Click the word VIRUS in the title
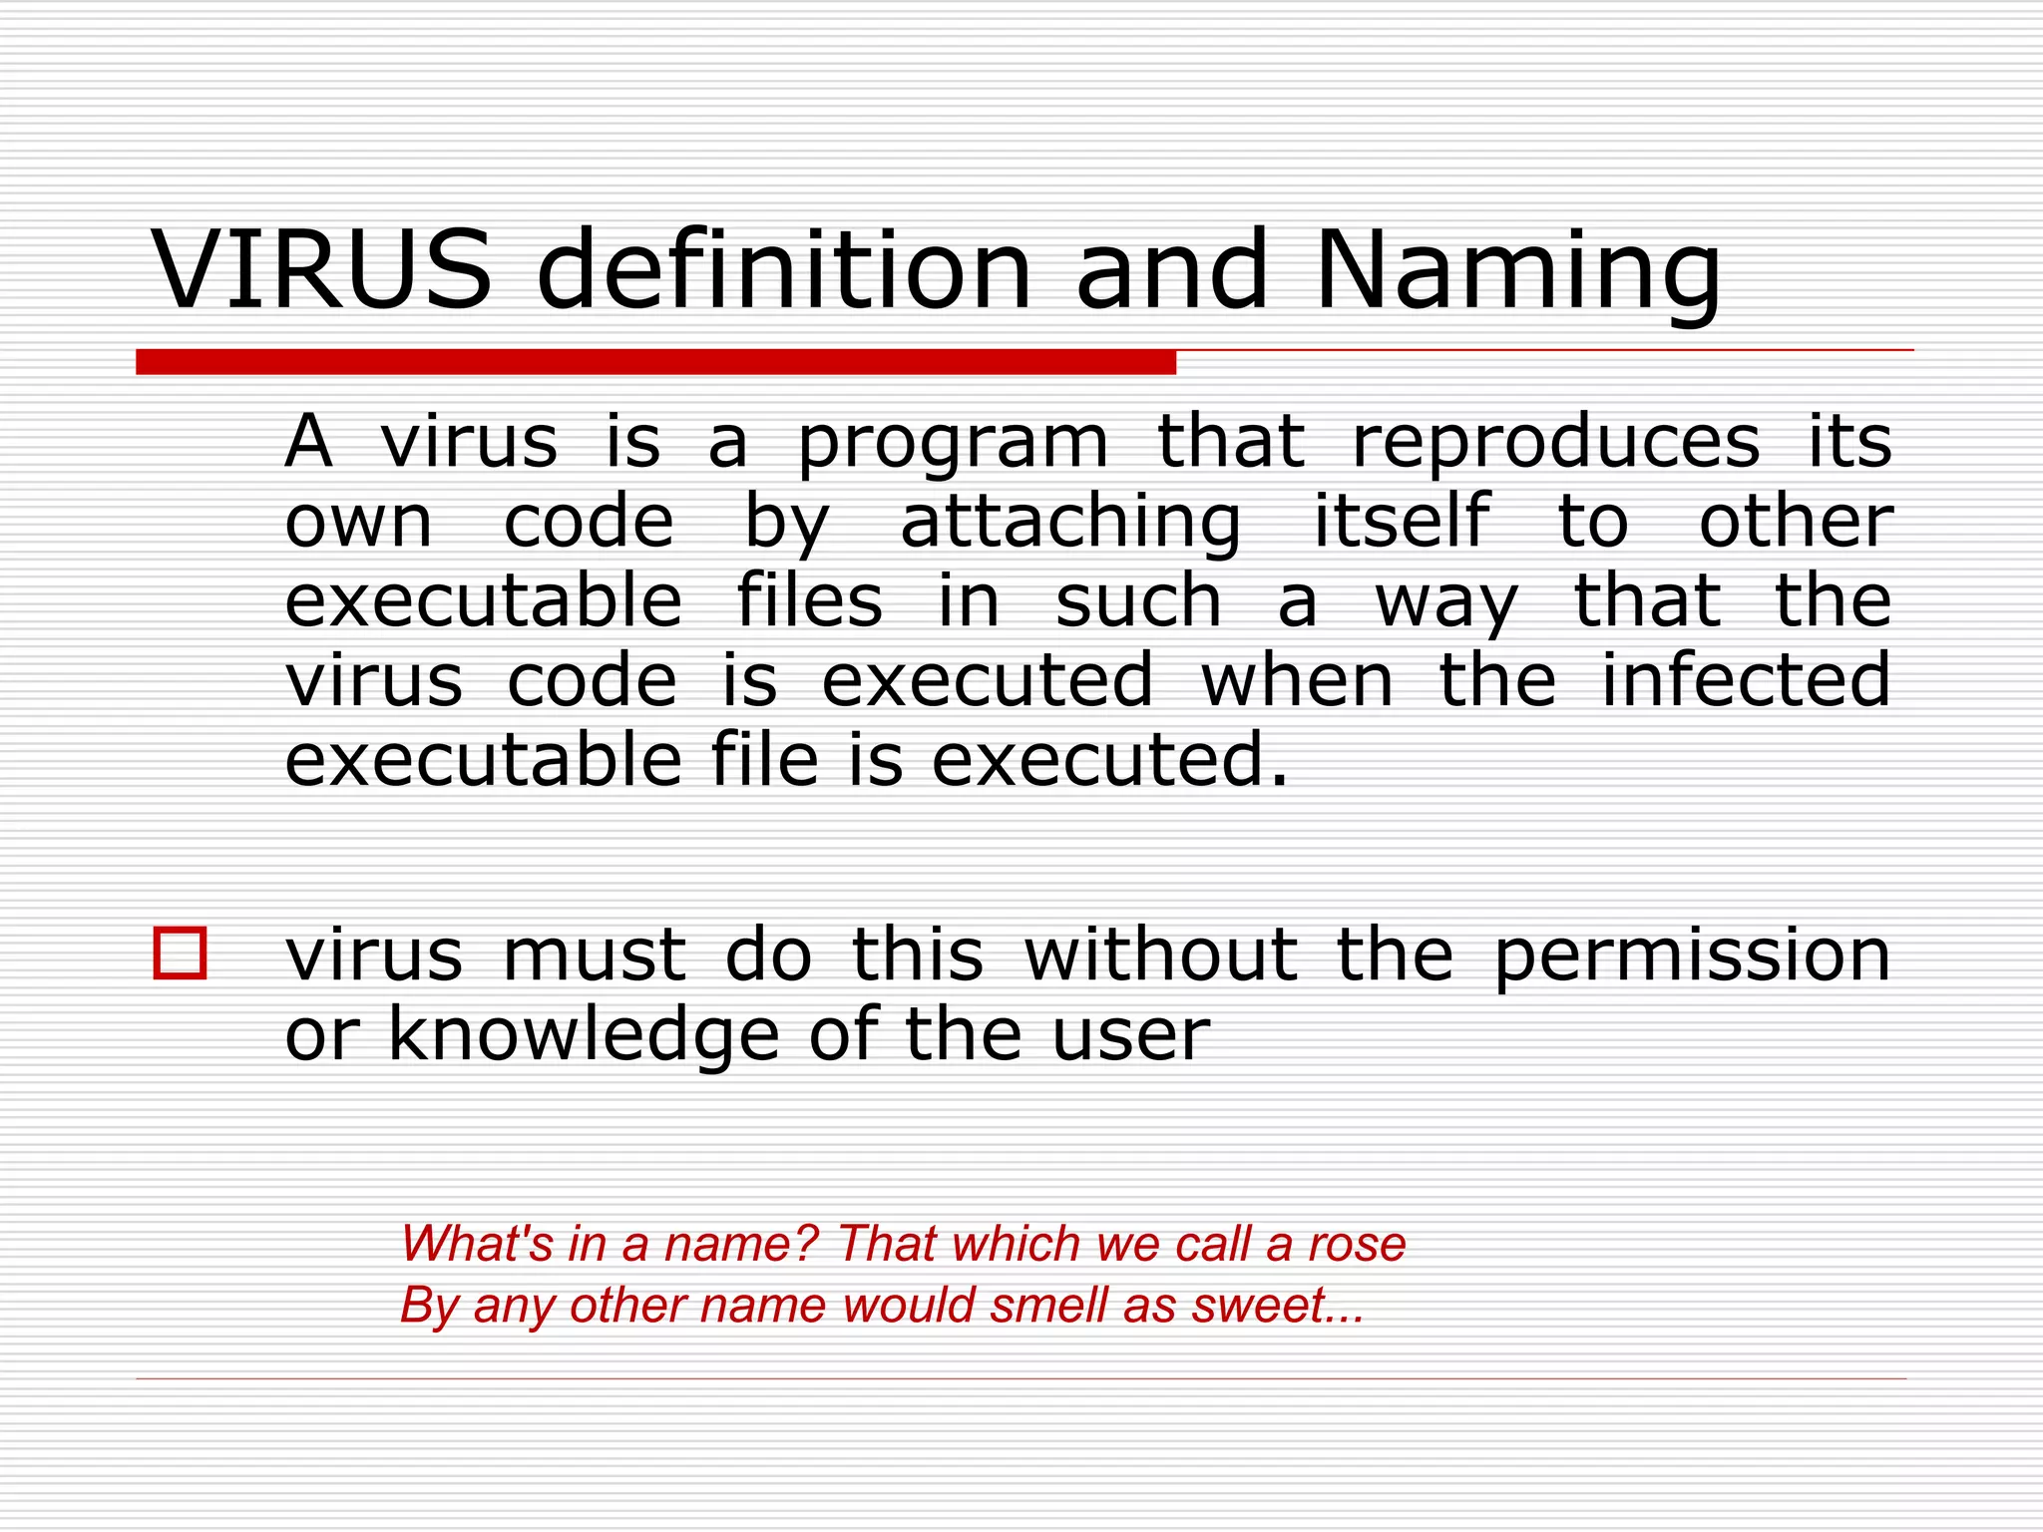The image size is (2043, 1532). point(321,270)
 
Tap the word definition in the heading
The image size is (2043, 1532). point(783,270)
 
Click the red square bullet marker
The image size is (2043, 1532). point(181,954)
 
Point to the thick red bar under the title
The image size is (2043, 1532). point(655,362)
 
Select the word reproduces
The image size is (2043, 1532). point(1556,444)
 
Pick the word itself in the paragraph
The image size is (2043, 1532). point(1401,521)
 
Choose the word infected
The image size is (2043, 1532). point(1746,680)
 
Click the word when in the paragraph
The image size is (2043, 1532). point(1297,680)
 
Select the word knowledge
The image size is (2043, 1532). point(583,1035)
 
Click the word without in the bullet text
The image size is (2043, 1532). point(1161,955)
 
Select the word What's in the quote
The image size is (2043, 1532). point(476,1244)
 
